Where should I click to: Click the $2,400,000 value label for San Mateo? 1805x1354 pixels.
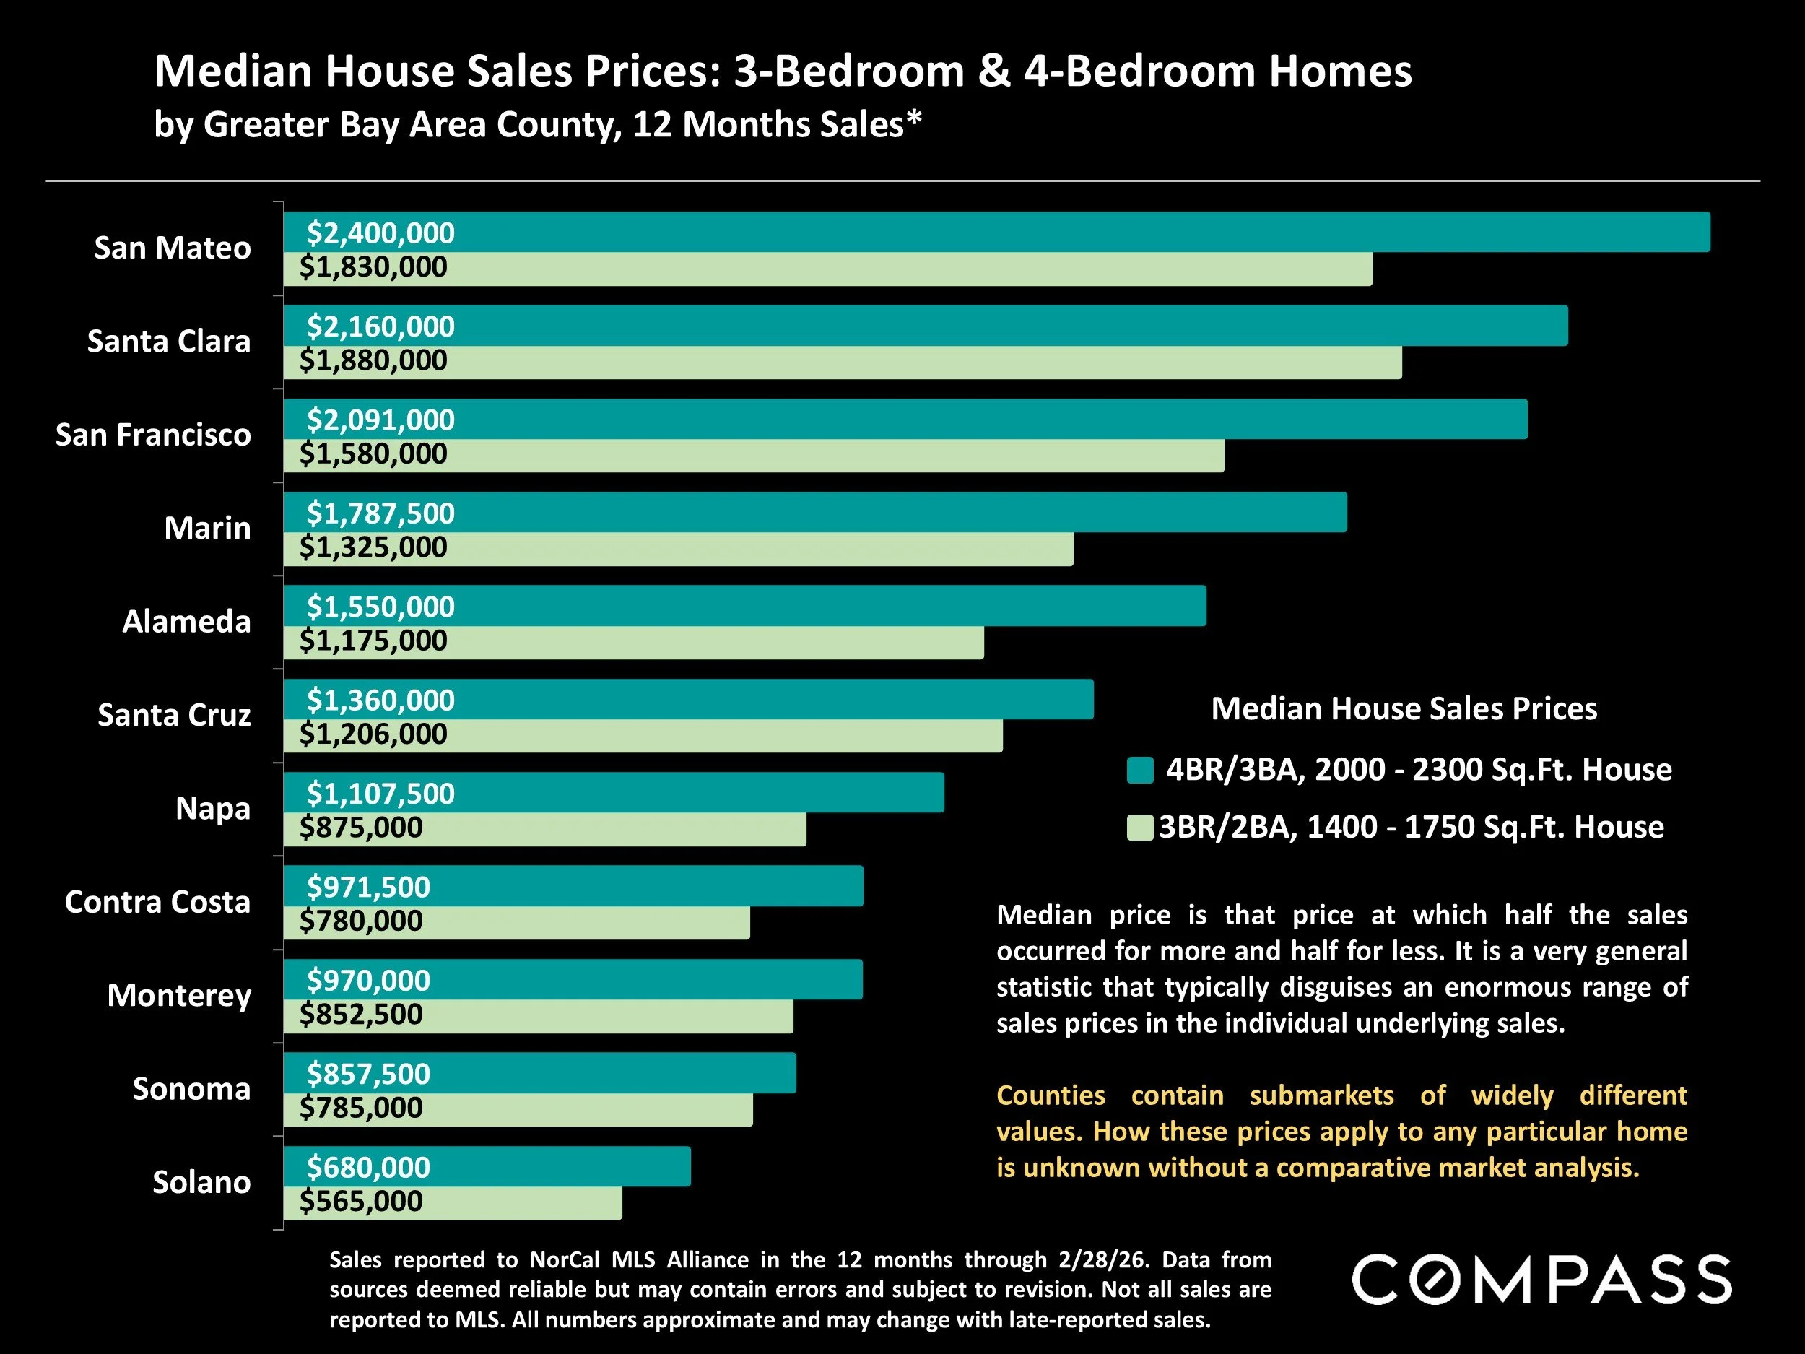tap(380, 233)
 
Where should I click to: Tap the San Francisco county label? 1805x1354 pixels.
tap(152, 435)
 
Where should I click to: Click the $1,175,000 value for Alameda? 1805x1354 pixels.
tap(373, 641)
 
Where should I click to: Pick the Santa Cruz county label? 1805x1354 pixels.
tap(174, 715)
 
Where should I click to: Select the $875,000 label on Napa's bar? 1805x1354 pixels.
tap(361, 828)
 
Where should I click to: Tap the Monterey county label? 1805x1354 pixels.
tap(179, 996)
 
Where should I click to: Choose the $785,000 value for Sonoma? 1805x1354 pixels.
tap(361, 1108)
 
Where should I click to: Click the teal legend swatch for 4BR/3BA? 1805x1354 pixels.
tap(1140, 771)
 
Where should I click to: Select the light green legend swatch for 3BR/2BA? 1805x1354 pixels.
tap(1139, 828)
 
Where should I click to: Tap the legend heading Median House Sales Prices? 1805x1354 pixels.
tap(1404, 709)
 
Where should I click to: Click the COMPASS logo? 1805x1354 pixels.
tap(1541, 1280)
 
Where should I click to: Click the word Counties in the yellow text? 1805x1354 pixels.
tap(1051, 1095)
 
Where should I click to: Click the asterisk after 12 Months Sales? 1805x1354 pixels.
tap(914, 120)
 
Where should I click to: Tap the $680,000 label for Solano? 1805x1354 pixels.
tap(368, 1168)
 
